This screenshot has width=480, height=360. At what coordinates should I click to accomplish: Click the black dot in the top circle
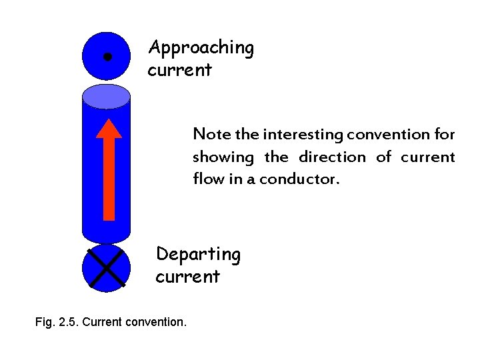pyautogui.click(x=107, y=57)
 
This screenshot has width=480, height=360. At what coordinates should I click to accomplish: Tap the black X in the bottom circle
pyautogui.click(x=106, y=268)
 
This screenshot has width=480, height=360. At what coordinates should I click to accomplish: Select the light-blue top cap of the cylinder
pyautogui.click(x=106, y=97)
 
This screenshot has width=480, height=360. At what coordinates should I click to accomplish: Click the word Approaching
pyautogui.click(x=201, y=49)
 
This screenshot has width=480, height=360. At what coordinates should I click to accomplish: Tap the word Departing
pyautogui.click(x=198, y=255)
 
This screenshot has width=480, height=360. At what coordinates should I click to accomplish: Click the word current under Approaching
pyautogui.click(x=179, y=70)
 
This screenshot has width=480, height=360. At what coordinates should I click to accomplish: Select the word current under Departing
pyautogui.click(x=187, y=277)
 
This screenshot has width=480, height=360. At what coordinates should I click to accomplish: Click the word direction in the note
pyautogui.click(x=333, y=157)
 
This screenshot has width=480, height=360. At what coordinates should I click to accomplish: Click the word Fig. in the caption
pyautogui.click(x=45, y=322)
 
